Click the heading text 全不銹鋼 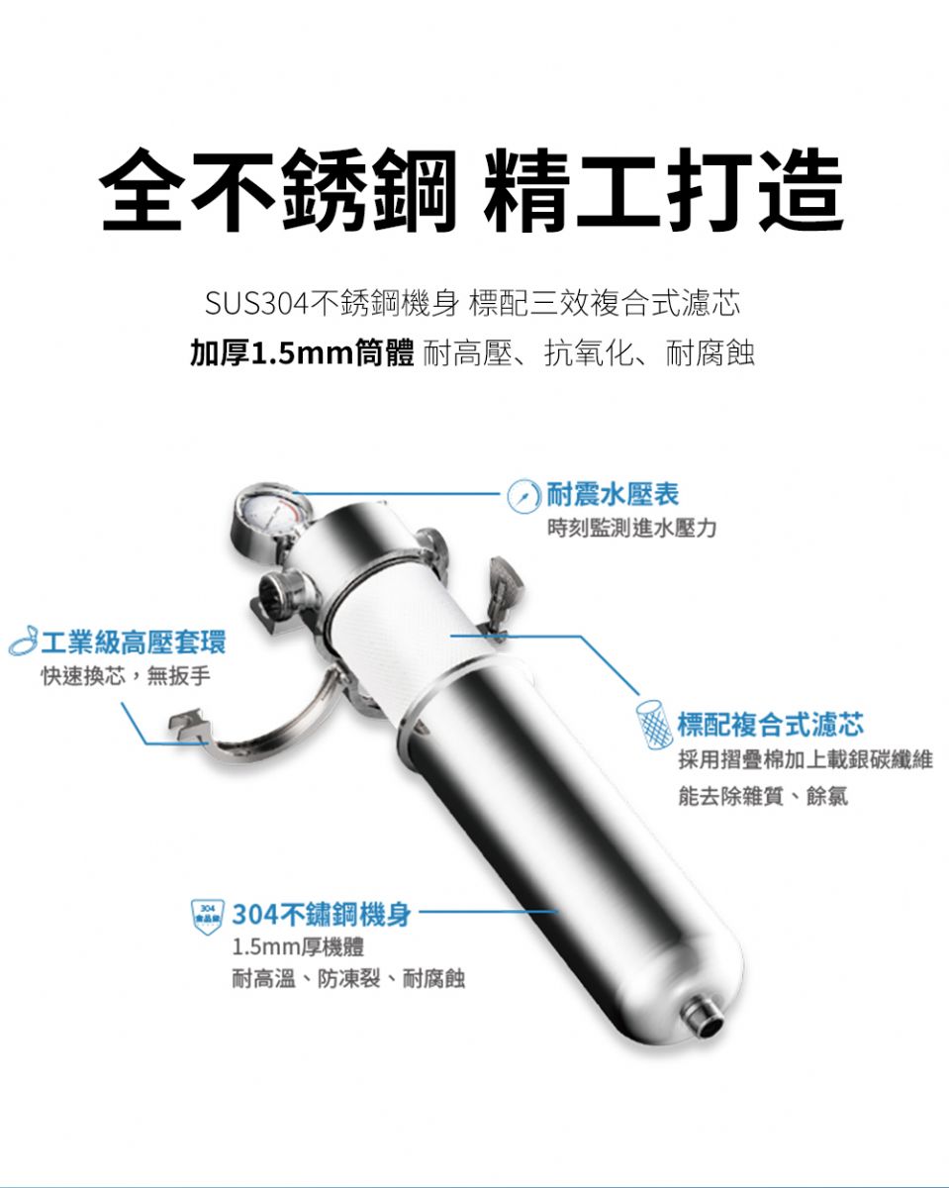pos(278,189)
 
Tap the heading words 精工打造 pos(664,189)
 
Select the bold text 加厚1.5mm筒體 pos(302,353)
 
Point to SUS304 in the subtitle pos(256,304)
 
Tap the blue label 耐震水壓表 pos(613,494)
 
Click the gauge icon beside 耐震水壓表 pos(523,496)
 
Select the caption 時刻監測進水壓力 pos(631,529)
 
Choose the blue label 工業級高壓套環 pos(134,643)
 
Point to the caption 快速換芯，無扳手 pos(126,676)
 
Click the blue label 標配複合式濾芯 pos(771,726)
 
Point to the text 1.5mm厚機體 pos(298,947)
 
